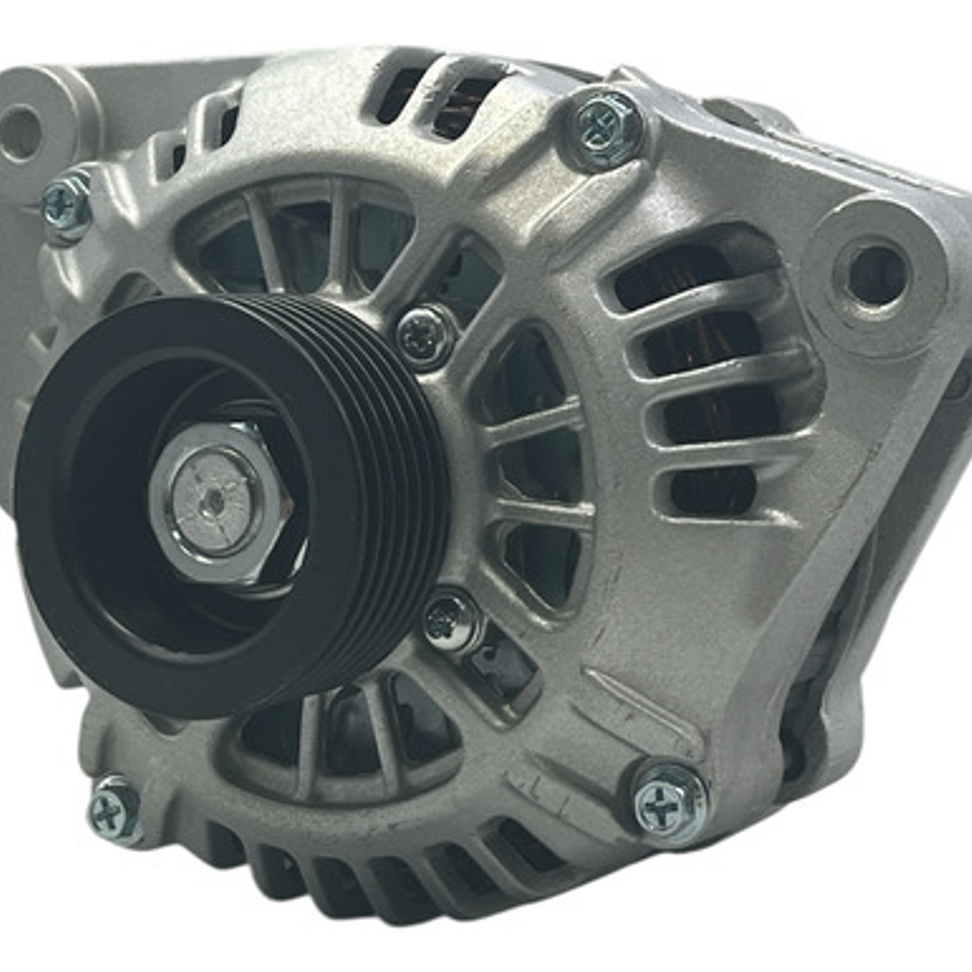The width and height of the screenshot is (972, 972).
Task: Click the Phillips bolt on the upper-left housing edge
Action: tap(68, 207)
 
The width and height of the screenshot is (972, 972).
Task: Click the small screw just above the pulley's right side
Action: tap(425, 337)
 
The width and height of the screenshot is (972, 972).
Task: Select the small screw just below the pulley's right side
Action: tap(451, 621)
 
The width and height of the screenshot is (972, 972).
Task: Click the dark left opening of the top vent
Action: tap(400, 95)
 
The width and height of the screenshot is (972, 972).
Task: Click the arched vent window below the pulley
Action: tap(342, 730)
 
